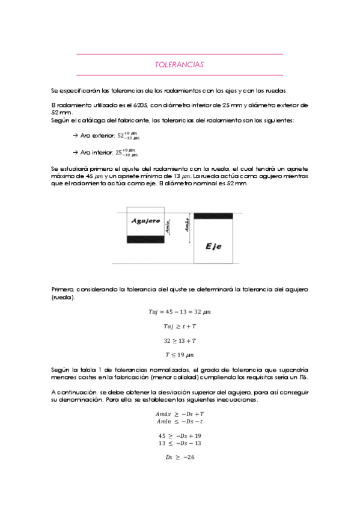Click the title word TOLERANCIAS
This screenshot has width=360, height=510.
(179, 64)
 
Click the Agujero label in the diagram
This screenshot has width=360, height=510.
(145, 221)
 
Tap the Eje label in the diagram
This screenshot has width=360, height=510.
(213, 247)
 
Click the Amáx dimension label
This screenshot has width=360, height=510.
(187, 226)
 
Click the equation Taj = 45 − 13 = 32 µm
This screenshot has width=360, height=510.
(180, 312)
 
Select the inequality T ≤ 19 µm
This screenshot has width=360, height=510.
(180, 354)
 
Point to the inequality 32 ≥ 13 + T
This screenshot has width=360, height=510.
(180, 340)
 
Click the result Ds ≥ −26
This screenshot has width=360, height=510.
(180, 457)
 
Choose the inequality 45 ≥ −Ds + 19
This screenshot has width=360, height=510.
(180, 435)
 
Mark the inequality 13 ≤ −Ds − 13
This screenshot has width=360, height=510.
(180, 443)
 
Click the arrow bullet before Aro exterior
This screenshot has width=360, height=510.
(75, 136)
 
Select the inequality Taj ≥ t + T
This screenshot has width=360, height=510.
(180, 326)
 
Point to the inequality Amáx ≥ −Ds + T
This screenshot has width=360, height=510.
(180, 414)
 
